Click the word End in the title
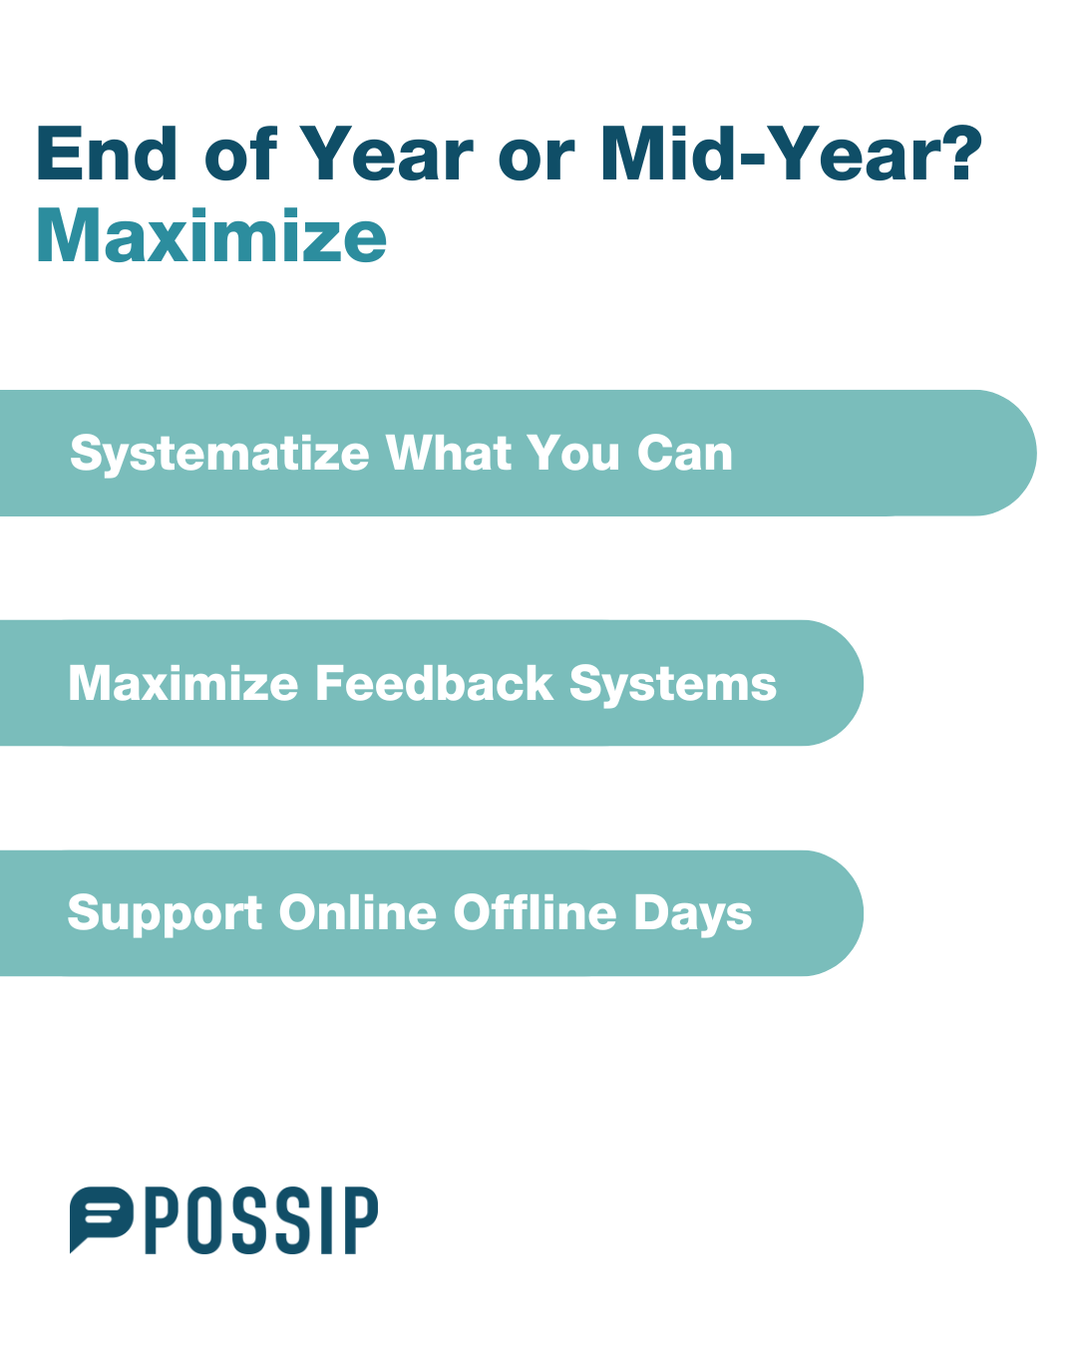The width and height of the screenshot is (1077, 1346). [x=107, y=154]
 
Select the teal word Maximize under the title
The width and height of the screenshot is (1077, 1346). [x=211, y=235]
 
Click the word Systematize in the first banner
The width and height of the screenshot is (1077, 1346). [x=219, y=455]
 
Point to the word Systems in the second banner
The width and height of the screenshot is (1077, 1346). [x=673, y=685]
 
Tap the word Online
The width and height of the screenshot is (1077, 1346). [x=357, y=912]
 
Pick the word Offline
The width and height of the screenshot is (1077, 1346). [x=536, y=912]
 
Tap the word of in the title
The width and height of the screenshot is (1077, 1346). [x=241, y=154]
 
